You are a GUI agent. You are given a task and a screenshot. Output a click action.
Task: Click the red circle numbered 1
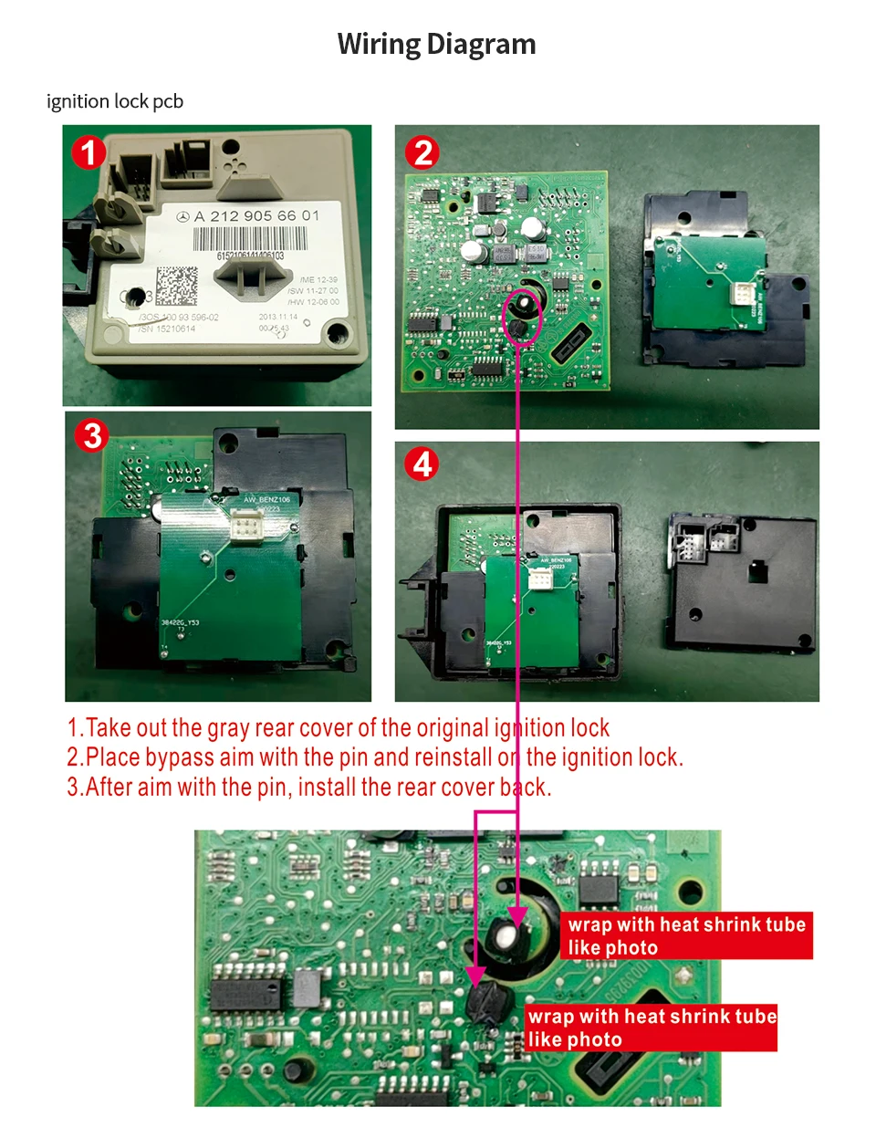point(89,152)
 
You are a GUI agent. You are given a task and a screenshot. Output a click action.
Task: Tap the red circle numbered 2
point(422,152)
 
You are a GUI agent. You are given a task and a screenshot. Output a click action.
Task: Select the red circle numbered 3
point(92,435)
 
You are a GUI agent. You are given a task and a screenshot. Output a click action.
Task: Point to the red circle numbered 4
point(422,464)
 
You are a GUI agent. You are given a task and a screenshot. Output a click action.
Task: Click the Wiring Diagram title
point(436,44)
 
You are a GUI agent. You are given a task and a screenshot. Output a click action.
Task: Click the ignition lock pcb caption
point(115,101)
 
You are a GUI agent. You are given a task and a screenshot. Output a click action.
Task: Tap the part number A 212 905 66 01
point(257,215)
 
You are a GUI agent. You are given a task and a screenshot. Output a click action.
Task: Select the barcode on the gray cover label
point(249,240)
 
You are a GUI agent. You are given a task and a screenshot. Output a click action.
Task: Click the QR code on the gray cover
point(176,286)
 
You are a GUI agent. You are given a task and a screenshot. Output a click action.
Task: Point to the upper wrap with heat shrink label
point(685,935)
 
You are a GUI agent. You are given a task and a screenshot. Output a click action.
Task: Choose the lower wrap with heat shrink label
point(652,1028)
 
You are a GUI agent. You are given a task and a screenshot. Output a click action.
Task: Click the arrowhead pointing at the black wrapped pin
point(474,976)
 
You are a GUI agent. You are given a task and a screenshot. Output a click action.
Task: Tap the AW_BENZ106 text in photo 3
point(266,499)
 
